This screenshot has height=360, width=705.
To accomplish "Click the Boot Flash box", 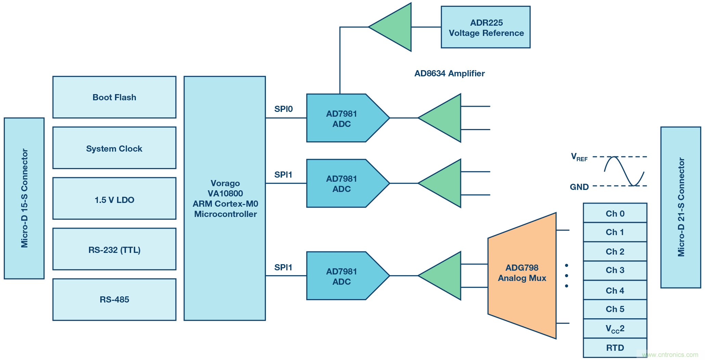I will pos(114,97).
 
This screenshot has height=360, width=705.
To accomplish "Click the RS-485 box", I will pos(114,299).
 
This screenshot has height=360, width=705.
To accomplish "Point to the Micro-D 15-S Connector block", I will pos(24,198).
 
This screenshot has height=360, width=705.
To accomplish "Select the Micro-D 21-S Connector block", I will pos(680,207).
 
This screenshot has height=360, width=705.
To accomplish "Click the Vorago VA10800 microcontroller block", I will pos(225,198).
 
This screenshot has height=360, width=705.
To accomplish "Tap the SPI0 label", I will pos(283,109).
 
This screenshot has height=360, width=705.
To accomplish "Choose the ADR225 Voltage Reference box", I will pos(486,27).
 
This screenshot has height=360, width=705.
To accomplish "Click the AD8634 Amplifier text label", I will pos(449,74).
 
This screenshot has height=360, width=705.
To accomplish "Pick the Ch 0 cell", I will pos(615,214).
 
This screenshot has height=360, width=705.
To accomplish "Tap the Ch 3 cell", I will pos(615,270).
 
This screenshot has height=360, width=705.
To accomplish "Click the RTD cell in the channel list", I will pos(615,348).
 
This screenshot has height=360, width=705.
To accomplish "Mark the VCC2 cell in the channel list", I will pos(615,329).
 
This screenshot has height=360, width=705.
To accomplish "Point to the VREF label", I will pos(579,157).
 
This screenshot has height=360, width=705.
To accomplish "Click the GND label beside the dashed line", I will pos(579,187).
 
